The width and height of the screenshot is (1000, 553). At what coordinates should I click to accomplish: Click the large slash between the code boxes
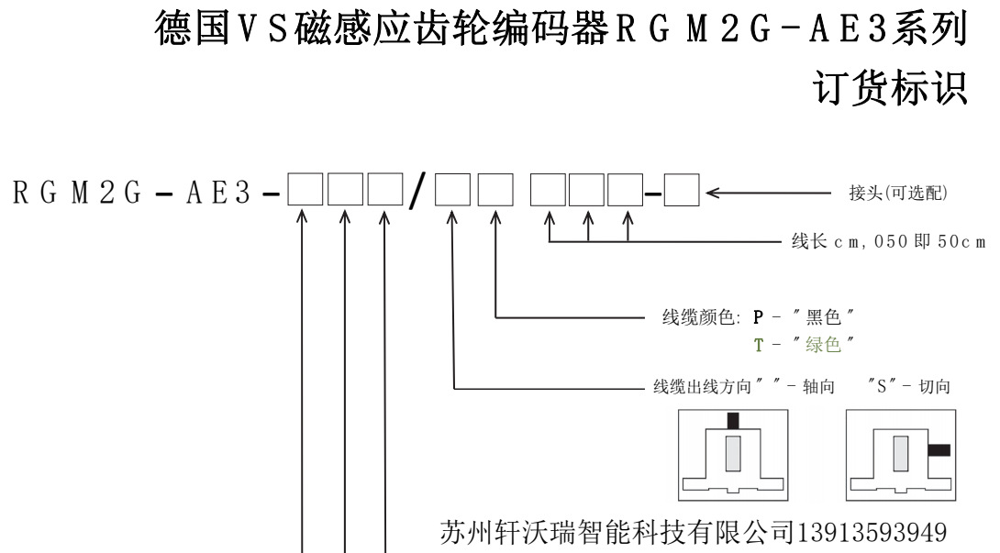418,195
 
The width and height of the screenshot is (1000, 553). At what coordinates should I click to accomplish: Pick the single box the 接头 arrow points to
682,194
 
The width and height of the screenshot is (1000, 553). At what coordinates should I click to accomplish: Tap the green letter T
758,344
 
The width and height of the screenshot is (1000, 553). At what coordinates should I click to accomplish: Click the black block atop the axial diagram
732,421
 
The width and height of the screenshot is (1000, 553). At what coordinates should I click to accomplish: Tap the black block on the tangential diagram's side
939,450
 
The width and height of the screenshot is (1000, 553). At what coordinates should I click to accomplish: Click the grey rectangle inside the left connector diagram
732,454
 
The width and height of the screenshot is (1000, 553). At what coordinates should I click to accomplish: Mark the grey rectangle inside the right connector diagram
900,453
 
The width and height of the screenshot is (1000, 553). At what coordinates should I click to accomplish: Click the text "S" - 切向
907,388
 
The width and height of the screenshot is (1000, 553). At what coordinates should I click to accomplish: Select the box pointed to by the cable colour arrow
496,194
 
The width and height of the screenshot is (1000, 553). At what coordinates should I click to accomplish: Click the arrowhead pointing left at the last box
713,194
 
